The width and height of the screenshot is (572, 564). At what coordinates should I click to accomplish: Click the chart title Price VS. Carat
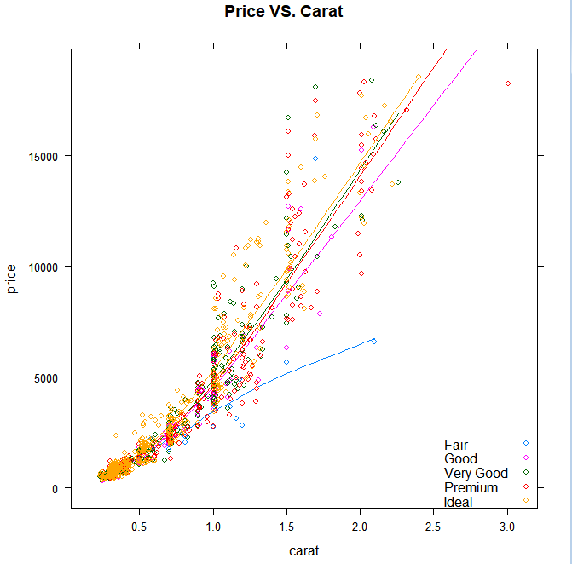coord(284,13)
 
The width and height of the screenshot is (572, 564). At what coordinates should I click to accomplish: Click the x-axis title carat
coord(303,550)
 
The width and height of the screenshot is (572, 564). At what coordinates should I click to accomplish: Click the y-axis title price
coord(12,279)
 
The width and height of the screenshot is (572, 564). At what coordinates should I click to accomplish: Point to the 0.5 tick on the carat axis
coord(139,527)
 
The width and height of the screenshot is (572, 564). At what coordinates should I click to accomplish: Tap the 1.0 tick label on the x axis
coord(213,527)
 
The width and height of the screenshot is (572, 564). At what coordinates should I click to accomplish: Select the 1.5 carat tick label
coord(286,527)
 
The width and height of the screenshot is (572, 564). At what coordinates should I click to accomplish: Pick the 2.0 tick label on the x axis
coord(361,527)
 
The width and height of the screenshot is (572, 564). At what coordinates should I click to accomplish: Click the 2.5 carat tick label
coord(434,527)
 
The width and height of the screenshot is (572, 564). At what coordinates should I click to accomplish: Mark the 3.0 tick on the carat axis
coord(507,527)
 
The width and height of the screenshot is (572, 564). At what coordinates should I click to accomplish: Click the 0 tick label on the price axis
coord(56,488)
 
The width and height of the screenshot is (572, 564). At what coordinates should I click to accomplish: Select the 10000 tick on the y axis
coord(43,267)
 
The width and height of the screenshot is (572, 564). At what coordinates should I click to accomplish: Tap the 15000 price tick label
coord(43,156)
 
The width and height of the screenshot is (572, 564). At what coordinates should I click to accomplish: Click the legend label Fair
coord(456,445)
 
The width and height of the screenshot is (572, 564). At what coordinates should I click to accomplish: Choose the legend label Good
coord(460,459)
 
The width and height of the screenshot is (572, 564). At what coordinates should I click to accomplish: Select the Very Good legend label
coord(476,474)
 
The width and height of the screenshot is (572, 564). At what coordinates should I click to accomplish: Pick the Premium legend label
coord(471,487)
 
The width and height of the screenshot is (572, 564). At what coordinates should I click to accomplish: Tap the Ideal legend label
coord(459,502)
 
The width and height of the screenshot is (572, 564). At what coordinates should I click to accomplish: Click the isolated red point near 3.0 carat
coord(508,83)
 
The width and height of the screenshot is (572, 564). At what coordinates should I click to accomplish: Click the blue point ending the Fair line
coord(373,341)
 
